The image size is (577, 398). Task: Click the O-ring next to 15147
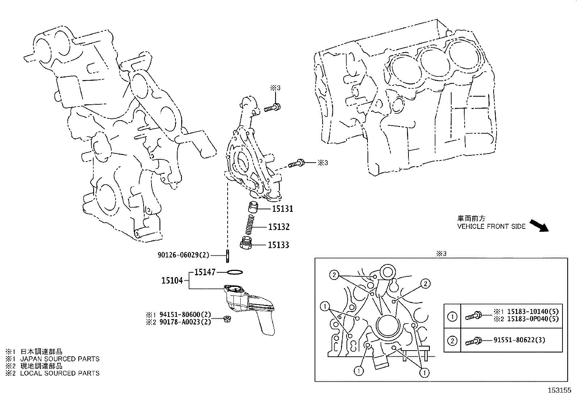234,272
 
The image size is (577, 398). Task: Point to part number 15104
172,280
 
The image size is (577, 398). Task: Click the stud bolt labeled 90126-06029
227,256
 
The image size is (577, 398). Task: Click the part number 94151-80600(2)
184,315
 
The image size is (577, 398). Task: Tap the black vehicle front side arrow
539,225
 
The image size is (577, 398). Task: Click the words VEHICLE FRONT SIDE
491,227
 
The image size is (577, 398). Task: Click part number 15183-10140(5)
532,311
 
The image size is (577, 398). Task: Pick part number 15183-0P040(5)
532,319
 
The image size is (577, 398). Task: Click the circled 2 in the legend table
452,340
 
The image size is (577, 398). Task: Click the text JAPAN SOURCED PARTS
59,359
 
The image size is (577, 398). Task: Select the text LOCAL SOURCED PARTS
59,373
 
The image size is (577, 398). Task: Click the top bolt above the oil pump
272,108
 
